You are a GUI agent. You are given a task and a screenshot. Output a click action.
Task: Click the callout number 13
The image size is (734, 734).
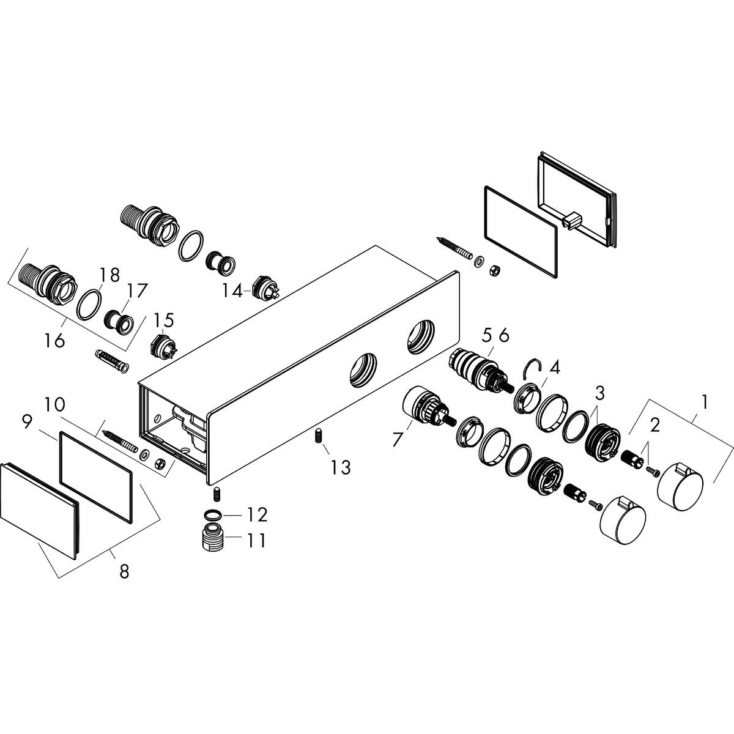click(341, 467)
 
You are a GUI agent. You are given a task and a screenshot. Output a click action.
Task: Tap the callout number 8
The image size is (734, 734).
click(124, 572)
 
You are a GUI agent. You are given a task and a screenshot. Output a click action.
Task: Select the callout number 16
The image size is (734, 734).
click(54, 340)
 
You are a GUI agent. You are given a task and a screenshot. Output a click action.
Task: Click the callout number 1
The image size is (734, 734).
click(705, 402)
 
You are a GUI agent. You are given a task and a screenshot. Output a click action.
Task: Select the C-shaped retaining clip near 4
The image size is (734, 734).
click(532, 369)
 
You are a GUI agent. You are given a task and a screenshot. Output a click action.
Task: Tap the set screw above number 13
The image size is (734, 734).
click(318, 437)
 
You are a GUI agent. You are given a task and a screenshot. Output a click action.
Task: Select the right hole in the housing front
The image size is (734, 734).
click(420, 335)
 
